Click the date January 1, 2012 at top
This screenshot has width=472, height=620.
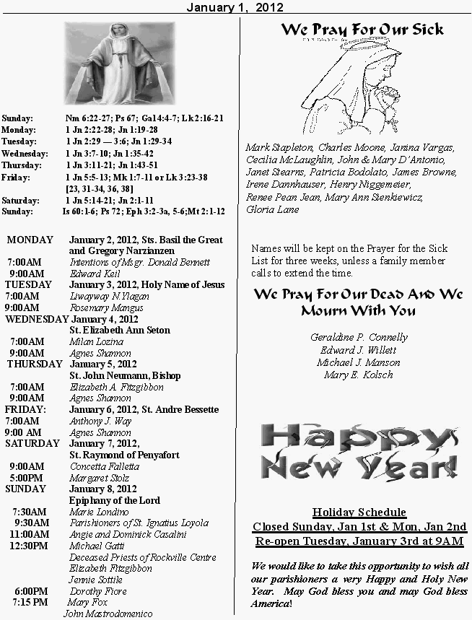click(x=235, y=7)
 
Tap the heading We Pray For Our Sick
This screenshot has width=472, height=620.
click(x=362, y=30)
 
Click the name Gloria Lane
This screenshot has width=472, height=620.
click(x=272, y=209)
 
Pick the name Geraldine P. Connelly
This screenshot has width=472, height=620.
click(x=359, y=337)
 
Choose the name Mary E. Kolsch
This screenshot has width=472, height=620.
click(x=359, y=375)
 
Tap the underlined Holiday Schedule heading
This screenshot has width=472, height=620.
click(x=359, y=512)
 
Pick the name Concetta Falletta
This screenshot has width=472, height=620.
click(x=105, y=466)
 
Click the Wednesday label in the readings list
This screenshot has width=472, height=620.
click(x=25, y=154)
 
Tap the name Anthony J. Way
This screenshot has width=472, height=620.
click(x=100, y=421)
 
